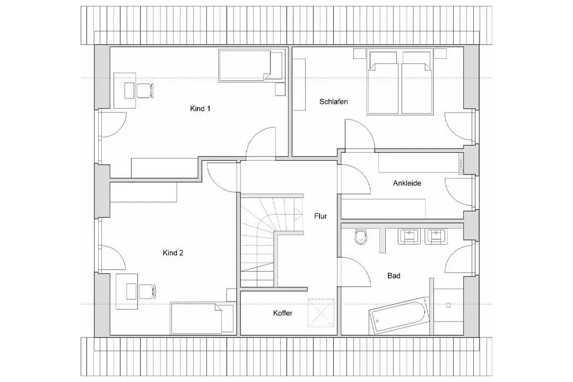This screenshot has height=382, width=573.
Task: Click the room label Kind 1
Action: [200, 109]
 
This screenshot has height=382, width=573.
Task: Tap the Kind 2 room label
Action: [173, 253]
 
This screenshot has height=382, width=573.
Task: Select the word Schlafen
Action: [333, 102]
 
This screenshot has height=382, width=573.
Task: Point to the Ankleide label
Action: [407, 183]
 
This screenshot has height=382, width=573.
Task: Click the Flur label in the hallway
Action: [320, 216]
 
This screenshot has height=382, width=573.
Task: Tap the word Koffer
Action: [283, 313]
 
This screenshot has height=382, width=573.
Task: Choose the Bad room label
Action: [394, 276]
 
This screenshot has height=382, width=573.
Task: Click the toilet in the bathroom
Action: [360, 237]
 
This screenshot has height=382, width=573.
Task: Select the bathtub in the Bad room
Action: [400, 315]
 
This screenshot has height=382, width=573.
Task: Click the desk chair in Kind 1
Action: [145, 91]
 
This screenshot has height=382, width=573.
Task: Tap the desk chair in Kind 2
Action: [147, 291]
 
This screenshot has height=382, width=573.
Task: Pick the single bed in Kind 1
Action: [250, 65]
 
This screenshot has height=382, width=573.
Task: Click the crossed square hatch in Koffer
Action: [321, 313]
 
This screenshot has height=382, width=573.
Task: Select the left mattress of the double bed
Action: [383, 83]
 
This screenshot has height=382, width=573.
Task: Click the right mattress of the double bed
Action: [416, 83]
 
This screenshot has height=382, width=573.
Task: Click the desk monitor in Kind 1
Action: [129, 91]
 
